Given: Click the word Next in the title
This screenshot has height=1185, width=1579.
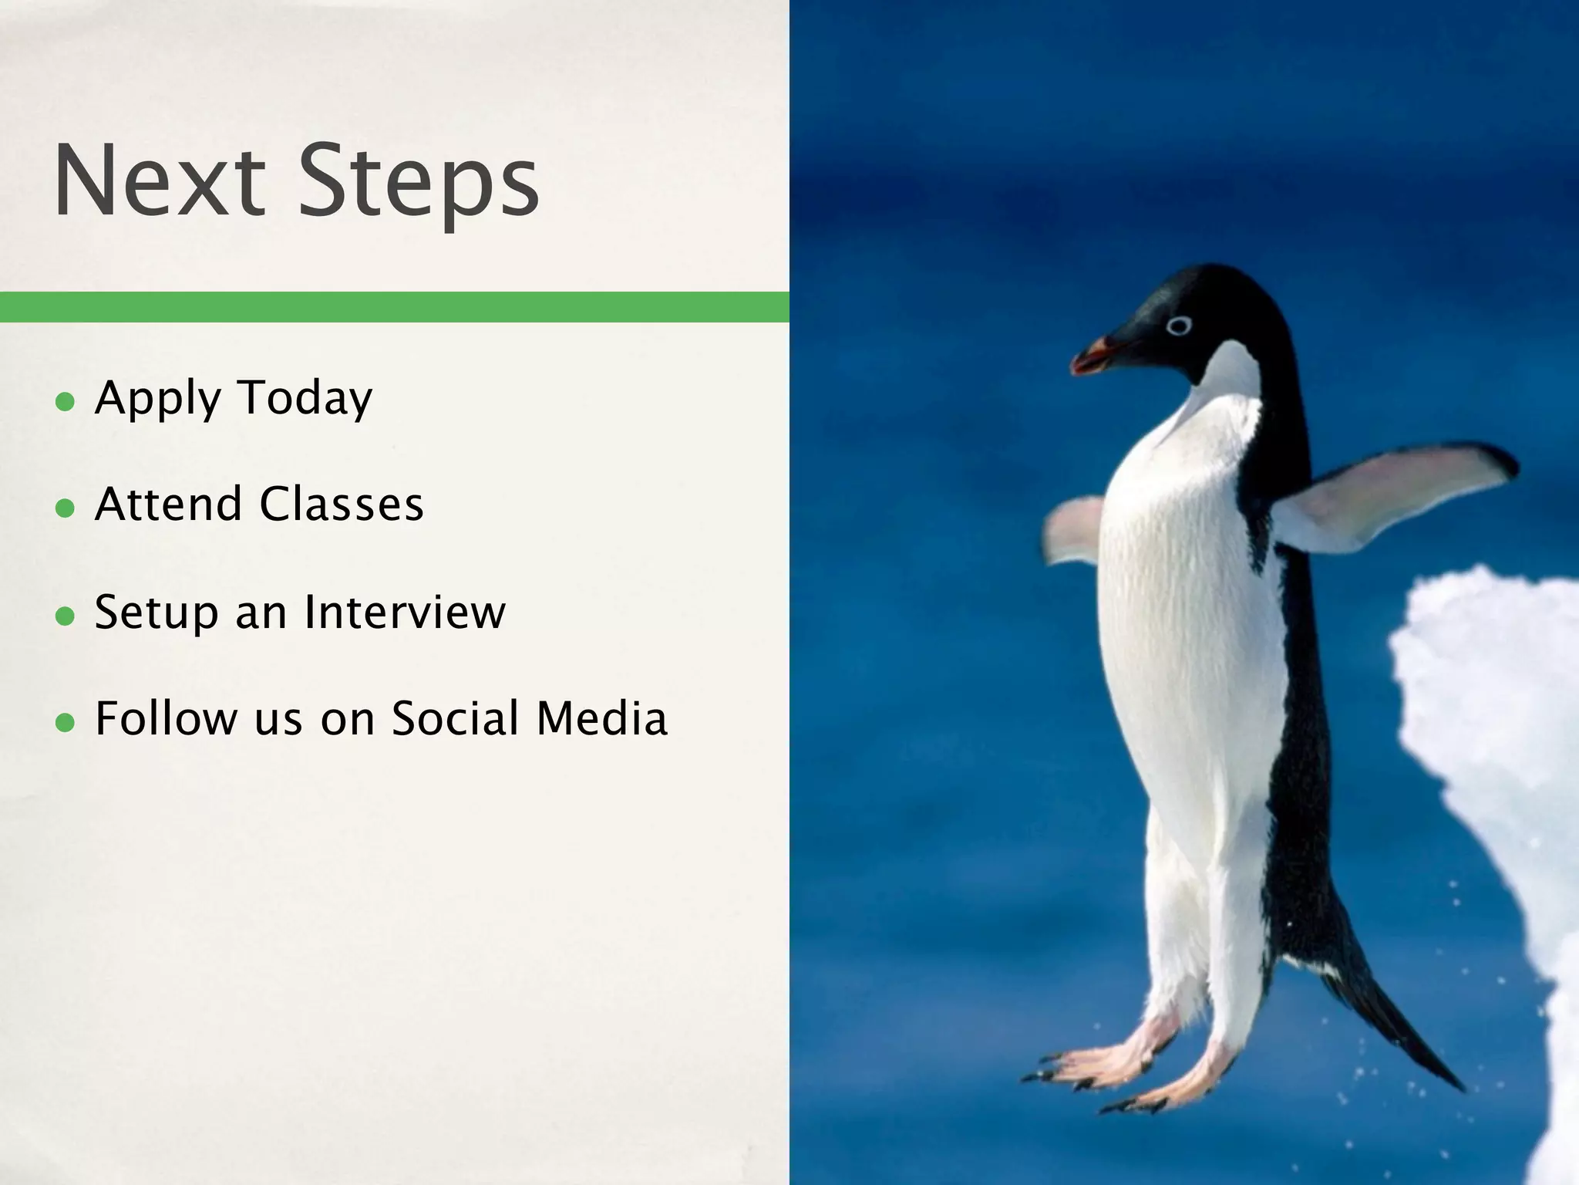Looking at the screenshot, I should tap(159, 182).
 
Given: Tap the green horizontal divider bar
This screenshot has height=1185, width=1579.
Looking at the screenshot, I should tap(394, 307).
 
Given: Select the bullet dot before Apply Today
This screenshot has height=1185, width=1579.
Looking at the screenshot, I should tap(66, 402).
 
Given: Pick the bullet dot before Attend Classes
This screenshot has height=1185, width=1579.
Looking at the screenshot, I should tap(66, 508).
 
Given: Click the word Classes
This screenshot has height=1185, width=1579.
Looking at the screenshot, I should tap(341, 505).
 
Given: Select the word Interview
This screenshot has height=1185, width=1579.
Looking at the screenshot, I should tap(405, 612).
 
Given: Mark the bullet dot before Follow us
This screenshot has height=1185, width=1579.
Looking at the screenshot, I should tap(66, 723).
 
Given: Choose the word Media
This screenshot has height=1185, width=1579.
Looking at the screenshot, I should tap(601, 718).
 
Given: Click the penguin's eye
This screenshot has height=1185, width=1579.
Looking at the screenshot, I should tap(1179, 326).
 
